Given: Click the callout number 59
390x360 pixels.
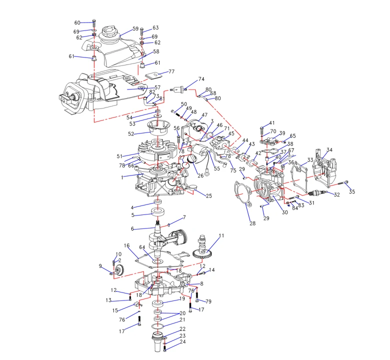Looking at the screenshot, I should (135, 29).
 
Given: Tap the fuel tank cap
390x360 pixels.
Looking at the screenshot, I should (110, 34).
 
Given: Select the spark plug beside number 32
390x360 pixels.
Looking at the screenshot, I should (318, 193).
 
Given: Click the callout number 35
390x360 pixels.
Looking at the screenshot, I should (352, 191).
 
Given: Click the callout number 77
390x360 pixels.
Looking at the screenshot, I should (171, 71).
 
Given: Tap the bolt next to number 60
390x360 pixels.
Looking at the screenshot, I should (94, 23).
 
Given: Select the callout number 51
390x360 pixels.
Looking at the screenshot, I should (119, 156).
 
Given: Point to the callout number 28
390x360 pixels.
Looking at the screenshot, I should (253, 223).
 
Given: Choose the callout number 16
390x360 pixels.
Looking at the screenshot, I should (127, 246).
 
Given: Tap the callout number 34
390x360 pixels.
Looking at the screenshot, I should (329, 150).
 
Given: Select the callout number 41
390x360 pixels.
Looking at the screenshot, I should (272, 123).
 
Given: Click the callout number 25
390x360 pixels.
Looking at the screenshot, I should (209, 196).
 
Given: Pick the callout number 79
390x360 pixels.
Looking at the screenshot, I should (209, 301).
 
